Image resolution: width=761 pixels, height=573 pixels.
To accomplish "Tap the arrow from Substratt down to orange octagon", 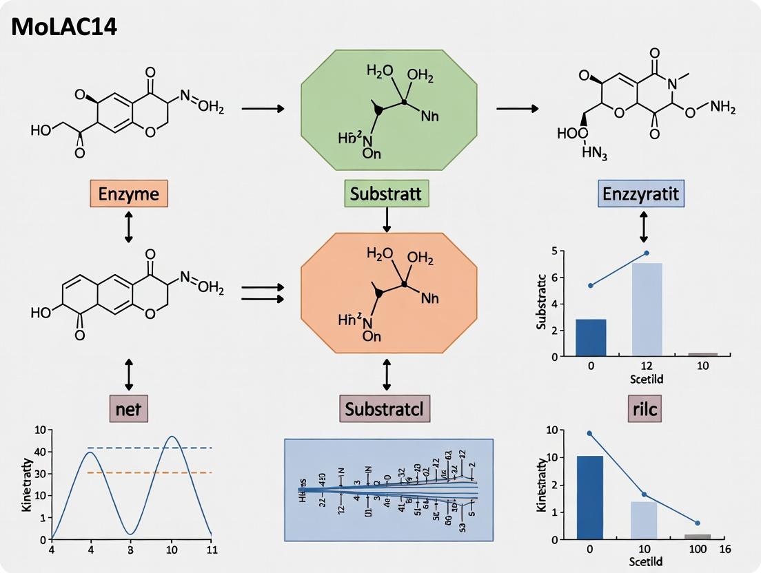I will tap(387, 219).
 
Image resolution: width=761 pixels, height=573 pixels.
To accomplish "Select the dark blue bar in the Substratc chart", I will tap(591, 337).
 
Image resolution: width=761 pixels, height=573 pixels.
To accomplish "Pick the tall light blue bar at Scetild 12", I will tap(647, 309).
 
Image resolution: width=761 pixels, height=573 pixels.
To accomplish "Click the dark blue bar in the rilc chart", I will tap(591, 497).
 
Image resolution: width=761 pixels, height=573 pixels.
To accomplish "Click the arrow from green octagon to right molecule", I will tap(517, 109).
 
